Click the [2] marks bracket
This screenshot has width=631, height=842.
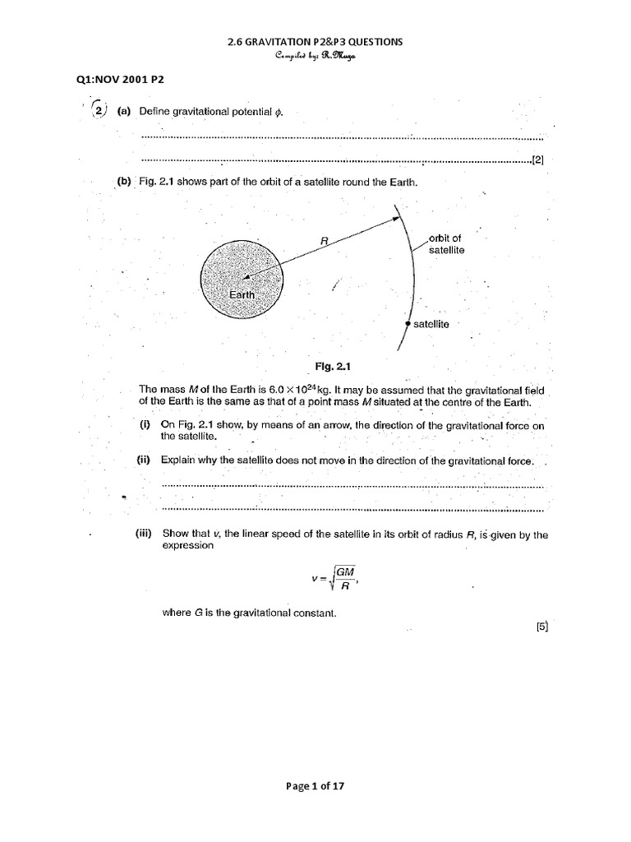click(x=538, y=160)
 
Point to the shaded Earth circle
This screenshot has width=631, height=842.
click(x=240, y=275)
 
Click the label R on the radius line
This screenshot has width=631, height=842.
click(x=325, y=241)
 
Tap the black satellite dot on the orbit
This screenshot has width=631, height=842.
click(x=408, y=325)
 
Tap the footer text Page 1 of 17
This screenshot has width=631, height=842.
click(x=315, y=785)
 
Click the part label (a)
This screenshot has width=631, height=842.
click(x=125, y=111)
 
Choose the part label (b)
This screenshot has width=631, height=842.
click(x=125, y=182)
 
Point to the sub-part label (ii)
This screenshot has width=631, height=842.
click(x=145, y=460)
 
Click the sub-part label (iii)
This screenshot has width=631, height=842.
click(x=147, y=534)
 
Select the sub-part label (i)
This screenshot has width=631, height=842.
click(x=144, y=424)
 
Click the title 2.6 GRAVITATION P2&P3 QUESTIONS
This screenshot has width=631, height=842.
click(x=315, y=42)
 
